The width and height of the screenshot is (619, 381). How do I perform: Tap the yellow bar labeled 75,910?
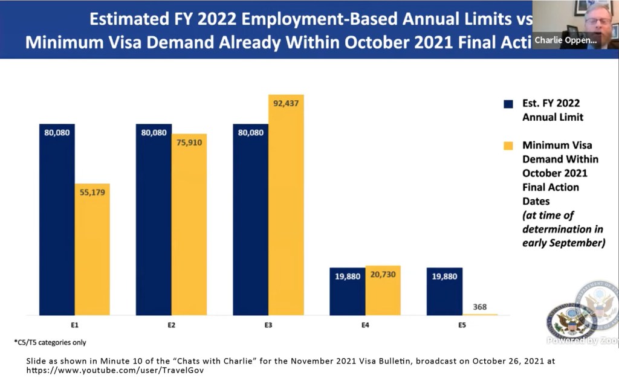(189, 224)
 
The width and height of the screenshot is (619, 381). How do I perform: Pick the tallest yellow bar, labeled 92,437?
(286, 205)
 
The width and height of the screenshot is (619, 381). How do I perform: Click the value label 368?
(480, 307)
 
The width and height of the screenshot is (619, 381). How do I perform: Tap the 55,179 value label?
(92, 193)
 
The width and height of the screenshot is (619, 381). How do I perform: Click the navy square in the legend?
(508, 104)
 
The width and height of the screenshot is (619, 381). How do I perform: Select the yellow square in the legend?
(508, 146)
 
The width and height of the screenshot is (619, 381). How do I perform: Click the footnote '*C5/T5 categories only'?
(50, 342)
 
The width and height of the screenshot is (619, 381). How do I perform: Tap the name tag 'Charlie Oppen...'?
(566, 40)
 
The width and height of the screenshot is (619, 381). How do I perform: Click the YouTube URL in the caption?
(115, 370)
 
